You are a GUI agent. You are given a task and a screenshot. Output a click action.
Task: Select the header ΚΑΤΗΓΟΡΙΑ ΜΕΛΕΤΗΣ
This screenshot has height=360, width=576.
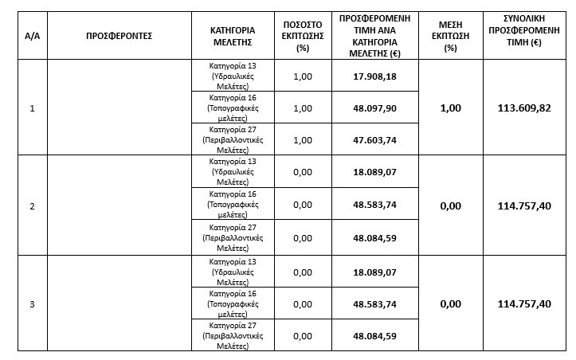[233, 36]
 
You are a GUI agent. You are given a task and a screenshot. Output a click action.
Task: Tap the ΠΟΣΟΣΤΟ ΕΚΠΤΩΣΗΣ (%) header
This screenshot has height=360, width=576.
[302, 36]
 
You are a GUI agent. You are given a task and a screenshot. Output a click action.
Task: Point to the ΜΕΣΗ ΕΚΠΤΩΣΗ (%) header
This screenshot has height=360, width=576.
[450, 36]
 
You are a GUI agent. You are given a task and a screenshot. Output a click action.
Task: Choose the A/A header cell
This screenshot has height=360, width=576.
[32, 36]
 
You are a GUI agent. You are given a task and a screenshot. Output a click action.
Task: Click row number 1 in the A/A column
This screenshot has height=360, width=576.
[32, 108]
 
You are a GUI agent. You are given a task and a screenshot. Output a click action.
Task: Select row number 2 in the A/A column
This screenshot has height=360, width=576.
[32, 206]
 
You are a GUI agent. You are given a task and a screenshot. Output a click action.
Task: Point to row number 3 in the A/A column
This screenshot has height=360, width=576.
[32, 303]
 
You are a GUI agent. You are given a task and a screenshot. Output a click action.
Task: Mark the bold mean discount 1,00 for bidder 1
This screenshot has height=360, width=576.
[450, 108]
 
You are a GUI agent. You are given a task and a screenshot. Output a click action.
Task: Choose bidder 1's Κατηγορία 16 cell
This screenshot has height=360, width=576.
[233, 108]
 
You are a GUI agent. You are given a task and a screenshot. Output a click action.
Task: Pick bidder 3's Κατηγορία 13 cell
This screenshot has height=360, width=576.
[233, 271]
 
